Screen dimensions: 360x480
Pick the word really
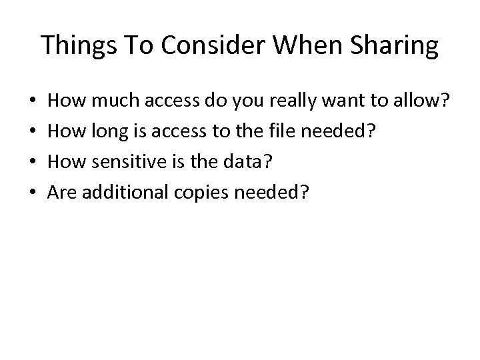282,102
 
